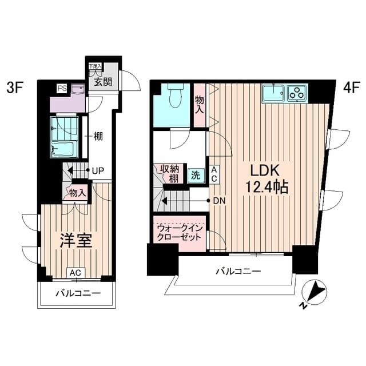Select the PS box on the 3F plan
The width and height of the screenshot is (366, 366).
click(60, 88)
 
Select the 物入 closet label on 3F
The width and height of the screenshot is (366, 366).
click(77, 193)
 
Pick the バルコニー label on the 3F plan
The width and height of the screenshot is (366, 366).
click(78, 293)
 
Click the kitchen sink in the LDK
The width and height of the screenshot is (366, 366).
click(274, 93)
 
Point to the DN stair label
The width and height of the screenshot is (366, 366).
click(218, 201)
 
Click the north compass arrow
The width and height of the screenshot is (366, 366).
click(313, 293)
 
